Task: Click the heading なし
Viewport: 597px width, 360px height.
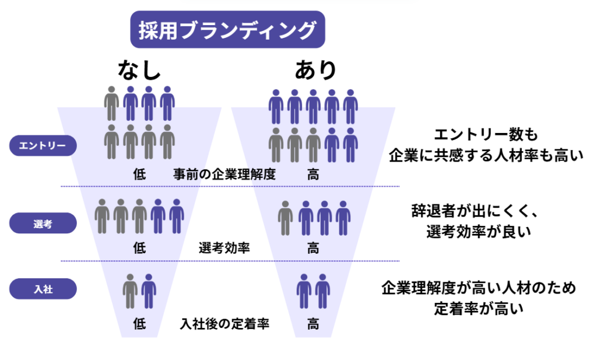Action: point(139,71)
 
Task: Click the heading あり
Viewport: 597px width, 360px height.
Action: point(315,71)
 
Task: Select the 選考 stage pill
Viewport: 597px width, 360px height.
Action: point(43,223)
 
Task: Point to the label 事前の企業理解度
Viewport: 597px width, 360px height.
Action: point(224,174)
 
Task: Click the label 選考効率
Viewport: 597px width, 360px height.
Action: point(224,248)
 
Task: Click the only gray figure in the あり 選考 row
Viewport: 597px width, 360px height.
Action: point(285,217)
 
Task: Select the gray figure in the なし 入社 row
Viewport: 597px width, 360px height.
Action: point(131,291)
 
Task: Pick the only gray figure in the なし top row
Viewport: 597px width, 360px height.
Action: point(112,103)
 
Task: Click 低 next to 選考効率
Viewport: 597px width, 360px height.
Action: point(139,248)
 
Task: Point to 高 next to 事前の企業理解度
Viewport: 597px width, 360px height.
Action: point(313,174)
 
